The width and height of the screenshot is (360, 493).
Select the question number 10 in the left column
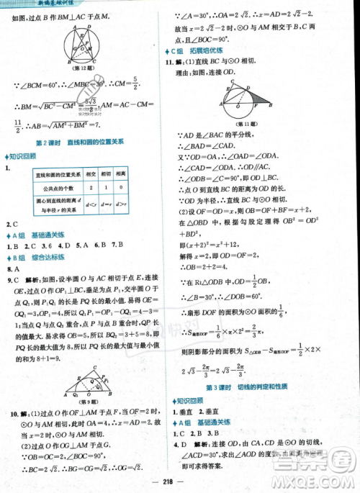(12, 412)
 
